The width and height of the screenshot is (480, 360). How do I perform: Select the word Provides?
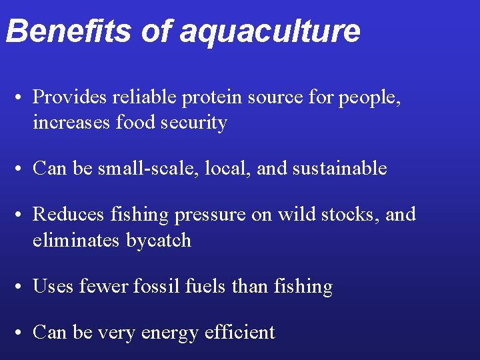pos(70,97)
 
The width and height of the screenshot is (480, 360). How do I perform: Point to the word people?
pos(369,99)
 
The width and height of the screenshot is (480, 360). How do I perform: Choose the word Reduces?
pos(68,214)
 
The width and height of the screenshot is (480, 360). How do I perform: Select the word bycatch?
pos(159,240)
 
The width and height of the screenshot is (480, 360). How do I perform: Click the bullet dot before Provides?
pos(22,99)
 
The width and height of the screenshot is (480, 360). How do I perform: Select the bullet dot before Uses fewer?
pos(22,287)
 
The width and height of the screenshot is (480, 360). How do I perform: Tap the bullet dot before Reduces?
pos(22,215)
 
